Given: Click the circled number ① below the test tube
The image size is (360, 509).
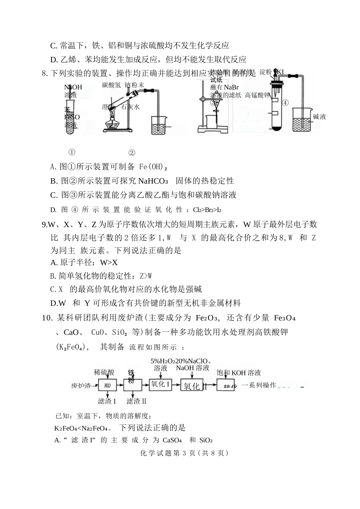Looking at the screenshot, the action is click(x=72, y=152).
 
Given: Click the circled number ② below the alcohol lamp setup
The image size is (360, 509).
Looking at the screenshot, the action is click(x=132, y=153).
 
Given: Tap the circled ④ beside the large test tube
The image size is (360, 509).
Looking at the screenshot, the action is click(x=285, y=103).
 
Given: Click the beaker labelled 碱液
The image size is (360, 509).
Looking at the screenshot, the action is click(x=302, y=120).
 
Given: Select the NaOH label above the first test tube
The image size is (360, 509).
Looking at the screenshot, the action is click(x=73, y=87).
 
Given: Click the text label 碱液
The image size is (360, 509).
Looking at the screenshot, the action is click(x=319, y=117).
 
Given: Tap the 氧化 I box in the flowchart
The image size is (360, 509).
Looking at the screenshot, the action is click(x=160, y=384).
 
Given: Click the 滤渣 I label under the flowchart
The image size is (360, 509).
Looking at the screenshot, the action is click(x=106, y=401).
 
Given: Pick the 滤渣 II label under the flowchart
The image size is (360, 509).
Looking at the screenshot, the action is click(x=136, y=401).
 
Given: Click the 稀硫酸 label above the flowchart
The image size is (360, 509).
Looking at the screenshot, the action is click(x=104, y=372).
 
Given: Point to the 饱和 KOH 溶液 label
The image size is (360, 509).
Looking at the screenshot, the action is click(x=238, y=373).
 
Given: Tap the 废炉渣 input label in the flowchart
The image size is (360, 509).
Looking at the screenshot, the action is click(x=81, y=386).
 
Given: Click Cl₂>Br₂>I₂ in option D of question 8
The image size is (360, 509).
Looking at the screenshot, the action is click(x=207, y=210).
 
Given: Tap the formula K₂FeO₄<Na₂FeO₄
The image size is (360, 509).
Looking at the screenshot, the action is click(x=83, y=428).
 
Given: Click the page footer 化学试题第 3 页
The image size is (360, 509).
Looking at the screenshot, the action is click(x=184, y=453).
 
